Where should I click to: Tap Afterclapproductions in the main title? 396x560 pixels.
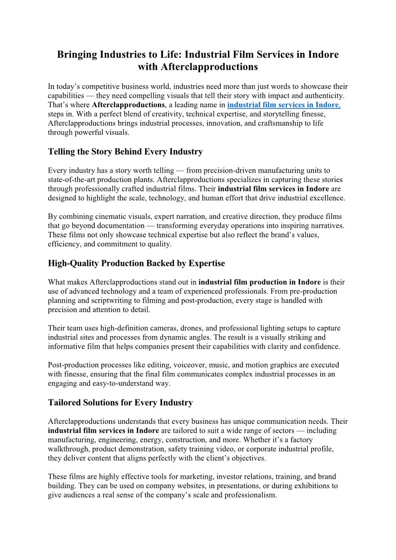pyautogui.click(x=205, y=66)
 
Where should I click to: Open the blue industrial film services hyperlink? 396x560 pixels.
pyautogui.click(x=284, y=105)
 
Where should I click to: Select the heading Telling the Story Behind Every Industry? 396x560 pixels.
pyautogui.click(x=125, y=151)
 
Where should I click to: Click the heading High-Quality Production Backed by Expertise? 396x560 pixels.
pyautogui.click(x=136, y=263)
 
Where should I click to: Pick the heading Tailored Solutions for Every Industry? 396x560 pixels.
pyautogui.click(x=120, y=402)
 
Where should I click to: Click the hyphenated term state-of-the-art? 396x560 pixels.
pyautogui.click(x=74, y=180)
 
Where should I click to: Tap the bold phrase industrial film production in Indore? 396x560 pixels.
pyautogui.click(x=263, y=282)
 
